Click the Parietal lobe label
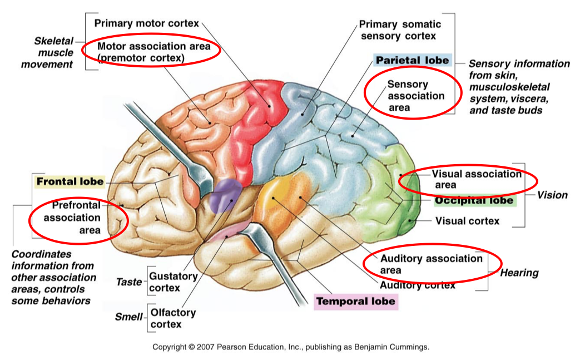click(412, 60)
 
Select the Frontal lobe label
click(70, 182)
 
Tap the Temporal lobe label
click(356, 302)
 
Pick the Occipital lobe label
click(474, 200)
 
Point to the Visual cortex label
click(467, 221)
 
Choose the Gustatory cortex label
click(173, 282)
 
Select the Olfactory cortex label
click(173, 318)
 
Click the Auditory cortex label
click(418, 285)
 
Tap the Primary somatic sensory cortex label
click(399, 30)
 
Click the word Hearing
click(519, 273)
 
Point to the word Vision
click(552, 195)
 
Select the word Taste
click(128, 282)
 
